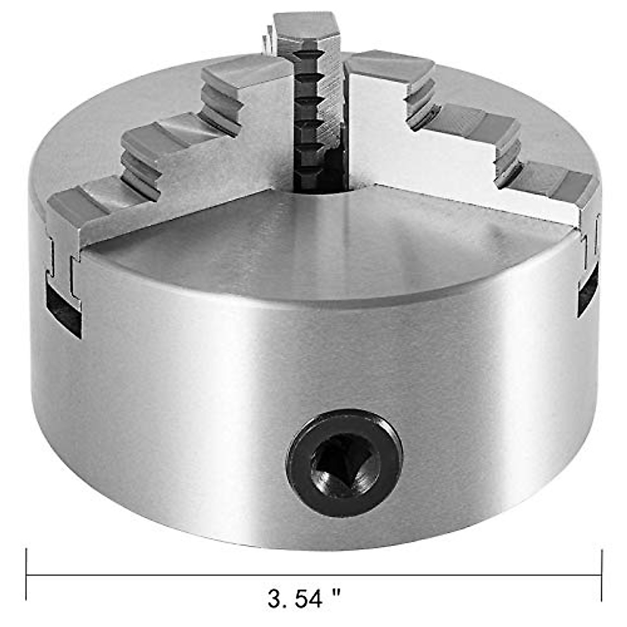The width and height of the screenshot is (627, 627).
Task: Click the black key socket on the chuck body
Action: (x=344, y=455)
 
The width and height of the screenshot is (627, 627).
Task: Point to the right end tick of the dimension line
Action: (x=602, y=575)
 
